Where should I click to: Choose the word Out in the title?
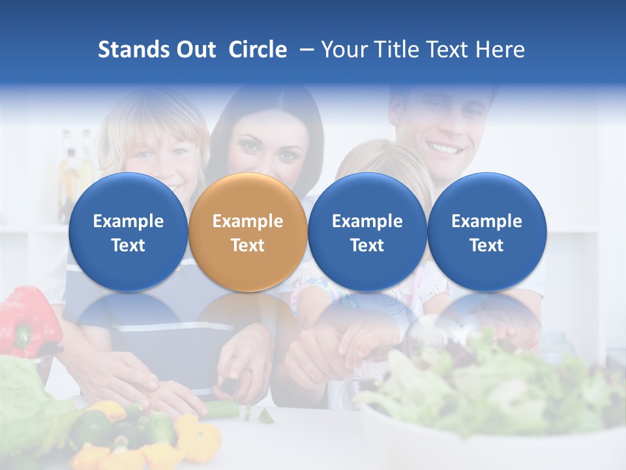pos(194,50)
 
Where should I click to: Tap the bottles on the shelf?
pos(75,166)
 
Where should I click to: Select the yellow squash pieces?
pos(196,437)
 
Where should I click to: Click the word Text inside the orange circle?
pos(247,245)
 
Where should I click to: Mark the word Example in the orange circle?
pos(247,221)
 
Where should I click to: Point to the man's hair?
pos(440,95)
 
